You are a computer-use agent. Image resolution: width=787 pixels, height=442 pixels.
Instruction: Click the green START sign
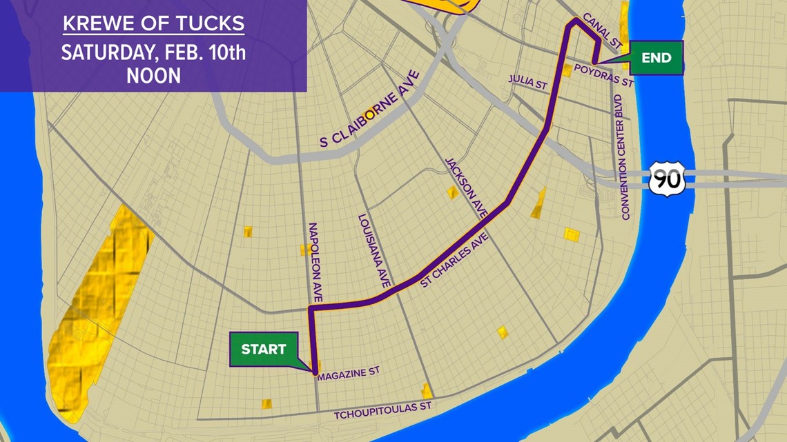[263, 349]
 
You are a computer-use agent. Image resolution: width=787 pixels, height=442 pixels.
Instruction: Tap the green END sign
[655, 58]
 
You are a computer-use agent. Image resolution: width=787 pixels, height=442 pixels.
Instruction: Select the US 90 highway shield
[666, 179]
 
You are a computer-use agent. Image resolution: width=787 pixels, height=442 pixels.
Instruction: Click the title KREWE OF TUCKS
[153, 23]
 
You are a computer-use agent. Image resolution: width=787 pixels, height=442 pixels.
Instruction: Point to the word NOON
[153, 75]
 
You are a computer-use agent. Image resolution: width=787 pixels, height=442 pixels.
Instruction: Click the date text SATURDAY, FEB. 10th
[153, 52]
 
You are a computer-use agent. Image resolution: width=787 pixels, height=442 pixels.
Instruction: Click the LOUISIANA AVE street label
[375, 251]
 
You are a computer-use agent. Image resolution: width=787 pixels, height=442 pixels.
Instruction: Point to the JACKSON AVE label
[467, 188]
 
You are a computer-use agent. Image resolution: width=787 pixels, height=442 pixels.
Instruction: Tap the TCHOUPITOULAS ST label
[382, 411]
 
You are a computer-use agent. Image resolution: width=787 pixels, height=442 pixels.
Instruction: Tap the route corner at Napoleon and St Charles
[311, 310]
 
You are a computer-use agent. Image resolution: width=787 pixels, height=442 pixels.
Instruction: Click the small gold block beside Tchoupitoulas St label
[427, 392]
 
